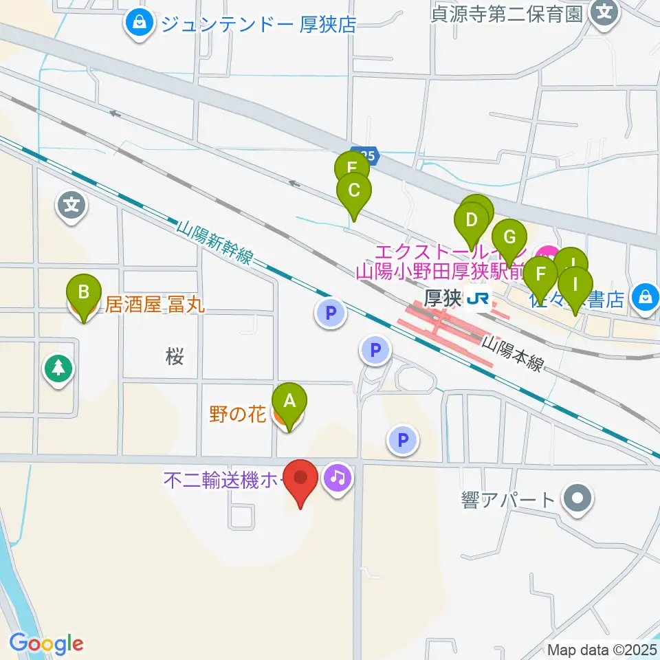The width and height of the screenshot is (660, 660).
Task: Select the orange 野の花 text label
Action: click(237, 415)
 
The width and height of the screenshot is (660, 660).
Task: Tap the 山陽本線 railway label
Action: click(511, 353)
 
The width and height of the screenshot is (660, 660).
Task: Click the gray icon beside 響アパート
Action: click(577, 498)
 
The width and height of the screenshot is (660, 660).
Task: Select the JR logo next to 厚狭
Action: click(477, 299)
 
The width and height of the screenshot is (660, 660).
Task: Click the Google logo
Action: click(46, 643)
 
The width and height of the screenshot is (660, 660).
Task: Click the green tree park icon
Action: click(58, 368)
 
